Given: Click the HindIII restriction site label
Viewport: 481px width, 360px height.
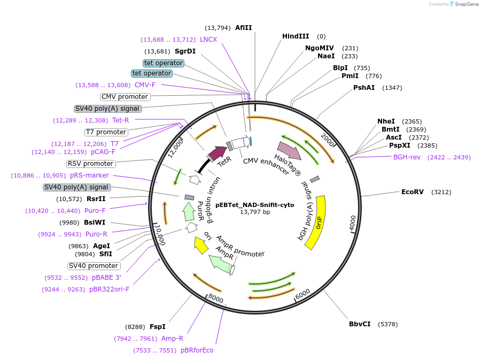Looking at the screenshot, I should [x=296, y=36].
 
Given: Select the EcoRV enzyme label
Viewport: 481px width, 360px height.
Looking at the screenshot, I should [x=412, y=192].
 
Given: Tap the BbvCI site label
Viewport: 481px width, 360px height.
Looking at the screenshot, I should [x=360, y=324].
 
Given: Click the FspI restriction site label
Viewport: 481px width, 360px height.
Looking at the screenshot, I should [x=157, y=326].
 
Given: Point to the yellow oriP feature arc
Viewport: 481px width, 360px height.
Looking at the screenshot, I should [x=317, y=222].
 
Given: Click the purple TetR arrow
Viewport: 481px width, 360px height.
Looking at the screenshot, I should [x=218, y=154].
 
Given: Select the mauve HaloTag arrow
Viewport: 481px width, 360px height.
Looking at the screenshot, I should [x=289, y=150].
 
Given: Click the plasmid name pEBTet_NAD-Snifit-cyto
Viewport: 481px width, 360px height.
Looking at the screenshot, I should [x=254, y=205].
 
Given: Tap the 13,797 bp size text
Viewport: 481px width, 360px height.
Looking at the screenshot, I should [x=255, y=212].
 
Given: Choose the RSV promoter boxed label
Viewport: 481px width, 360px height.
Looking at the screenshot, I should [x=91, y=164].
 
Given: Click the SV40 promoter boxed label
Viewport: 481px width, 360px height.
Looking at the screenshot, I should [x=94, y=266].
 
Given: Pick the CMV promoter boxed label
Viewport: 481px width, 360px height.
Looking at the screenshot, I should [x=125, y=97].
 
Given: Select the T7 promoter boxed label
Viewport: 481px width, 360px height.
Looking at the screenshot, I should [x=106, y=132].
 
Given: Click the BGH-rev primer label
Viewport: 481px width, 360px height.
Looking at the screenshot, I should [x=407, y=157].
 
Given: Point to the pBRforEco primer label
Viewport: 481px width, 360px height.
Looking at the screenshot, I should [x=197, y=350].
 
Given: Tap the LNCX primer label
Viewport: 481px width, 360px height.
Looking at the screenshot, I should [x=208, y=40].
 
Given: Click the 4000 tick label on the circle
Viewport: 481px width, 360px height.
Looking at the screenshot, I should [x=352, y=223].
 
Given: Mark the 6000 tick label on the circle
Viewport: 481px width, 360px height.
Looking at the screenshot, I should [x=302, y=294].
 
